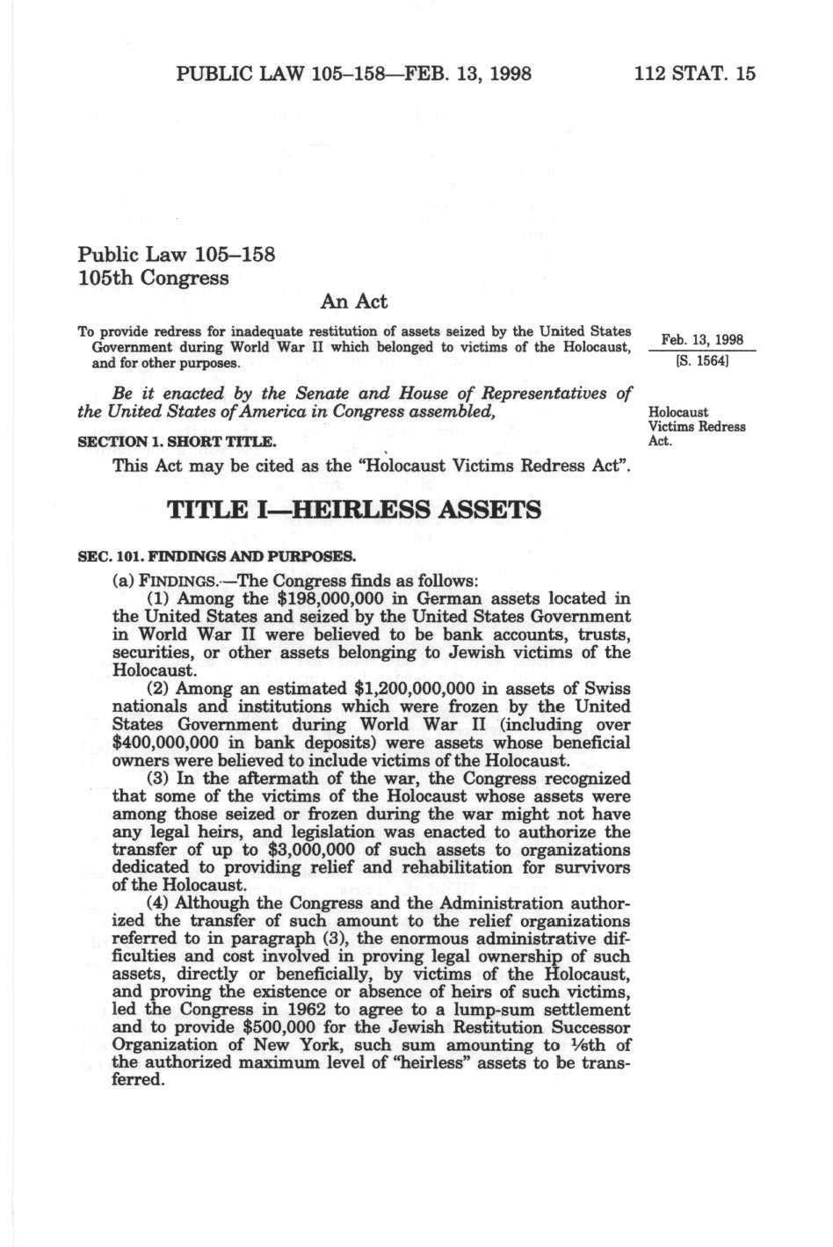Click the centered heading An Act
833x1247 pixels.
click(x=353, y=301)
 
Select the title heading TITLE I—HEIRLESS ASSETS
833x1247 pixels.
click(x=353, y=510)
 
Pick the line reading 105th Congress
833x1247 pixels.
click(x=154, y=279)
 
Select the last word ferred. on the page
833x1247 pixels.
click(x=139, y=1080)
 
